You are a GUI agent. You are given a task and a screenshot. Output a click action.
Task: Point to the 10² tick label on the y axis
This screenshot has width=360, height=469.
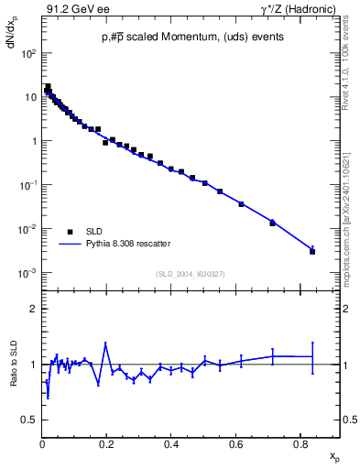(28, 53)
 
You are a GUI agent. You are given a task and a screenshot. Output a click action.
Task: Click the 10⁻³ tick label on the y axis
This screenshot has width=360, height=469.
(27, 273)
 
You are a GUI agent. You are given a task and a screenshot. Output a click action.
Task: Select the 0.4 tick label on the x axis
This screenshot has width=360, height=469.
(171, 444)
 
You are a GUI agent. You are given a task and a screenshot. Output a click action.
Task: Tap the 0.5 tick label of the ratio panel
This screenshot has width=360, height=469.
(29, 420)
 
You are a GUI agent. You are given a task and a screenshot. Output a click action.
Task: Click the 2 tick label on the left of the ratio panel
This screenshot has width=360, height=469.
(33, 309)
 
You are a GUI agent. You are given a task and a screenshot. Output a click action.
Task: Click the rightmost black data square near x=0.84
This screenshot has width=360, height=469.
(312, 251)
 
